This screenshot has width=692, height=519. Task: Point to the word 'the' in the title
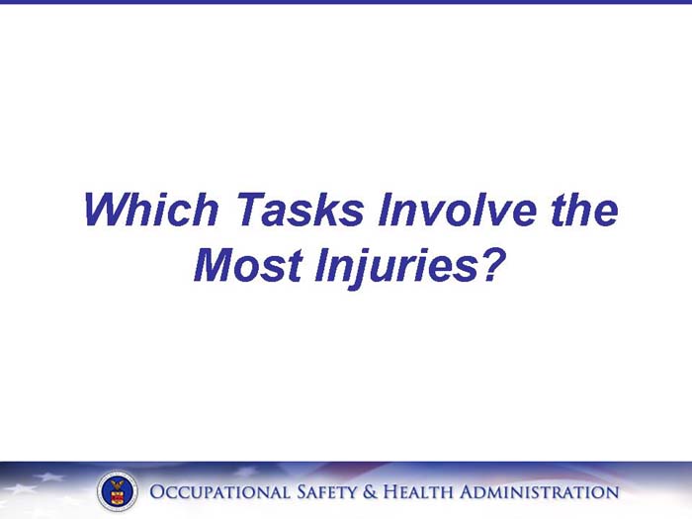tap(583, 211)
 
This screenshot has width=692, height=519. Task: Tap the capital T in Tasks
tap(248, 211)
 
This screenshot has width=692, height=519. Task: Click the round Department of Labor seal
tap(118, 491)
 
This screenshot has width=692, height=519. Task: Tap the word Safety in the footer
tap(329, 492)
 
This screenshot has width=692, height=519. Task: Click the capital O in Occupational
tap(157, 492)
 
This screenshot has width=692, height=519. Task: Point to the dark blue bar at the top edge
tap(346, 2)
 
